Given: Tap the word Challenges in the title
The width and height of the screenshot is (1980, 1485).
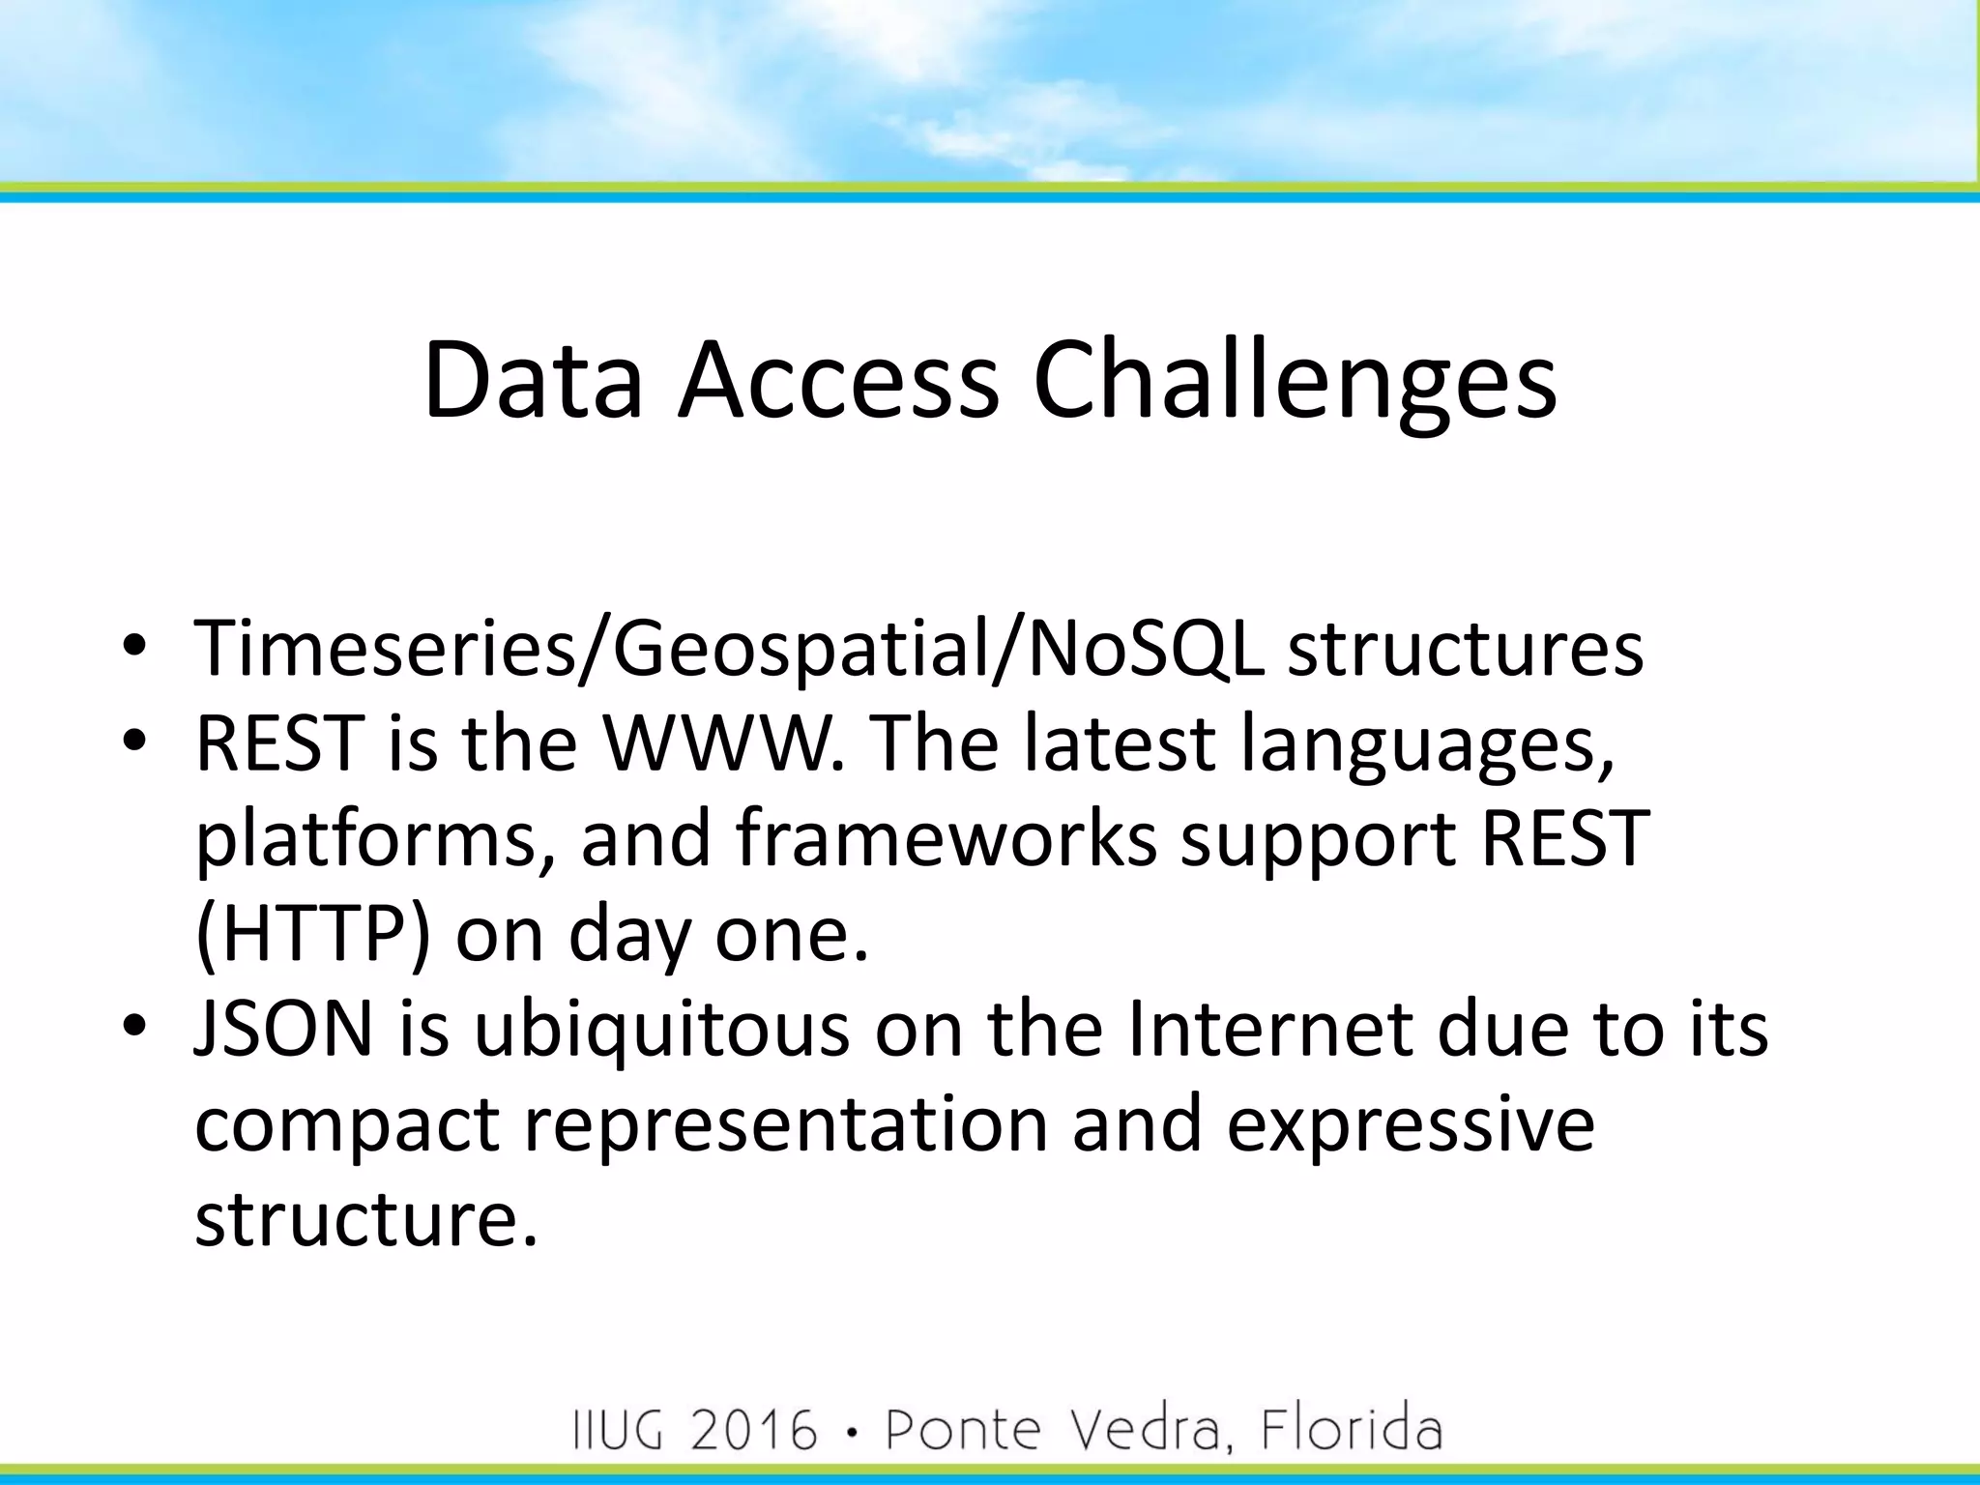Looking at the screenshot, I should point(1295,382).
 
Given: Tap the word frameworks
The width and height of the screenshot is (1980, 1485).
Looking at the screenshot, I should point(946,837).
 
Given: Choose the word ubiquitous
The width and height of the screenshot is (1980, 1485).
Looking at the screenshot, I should point(661,1030).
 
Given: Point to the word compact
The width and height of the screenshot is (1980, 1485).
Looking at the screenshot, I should point(347,1124).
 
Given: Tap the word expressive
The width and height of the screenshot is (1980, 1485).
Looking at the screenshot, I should point(1411,1124).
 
